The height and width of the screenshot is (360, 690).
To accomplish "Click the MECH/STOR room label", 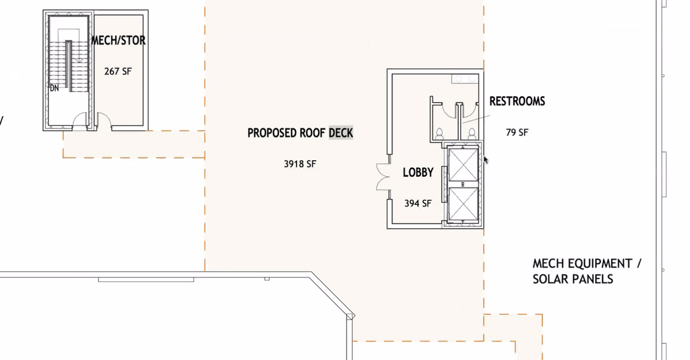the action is [118, 40].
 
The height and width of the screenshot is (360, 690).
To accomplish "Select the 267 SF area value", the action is [118, 71].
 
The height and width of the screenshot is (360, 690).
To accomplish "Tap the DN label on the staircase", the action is [54, 88].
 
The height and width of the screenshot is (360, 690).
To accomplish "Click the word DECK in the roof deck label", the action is [341, 133].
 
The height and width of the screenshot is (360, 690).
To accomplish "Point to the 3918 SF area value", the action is [300, 164].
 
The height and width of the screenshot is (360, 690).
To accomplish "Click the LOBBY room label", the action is [418, 172].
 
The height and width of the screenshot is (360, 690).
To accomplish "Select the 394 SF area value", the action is [418, 203].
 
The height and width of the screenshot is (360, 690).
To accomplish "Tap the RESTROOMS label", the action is [517, 101].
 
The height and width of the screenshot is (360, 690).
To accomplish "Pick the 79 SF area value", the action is [517, 133].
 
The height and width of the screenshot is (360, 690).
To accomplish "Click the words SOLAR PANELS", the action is [573, 279].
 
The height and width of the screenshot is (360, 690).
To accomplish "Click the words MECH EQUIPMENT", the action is [582, 264].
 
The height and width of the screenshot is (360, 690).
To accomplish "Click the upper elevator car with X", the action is [464, 165].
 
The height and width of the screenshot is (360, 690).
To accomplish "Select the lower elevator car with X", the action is [464, 204].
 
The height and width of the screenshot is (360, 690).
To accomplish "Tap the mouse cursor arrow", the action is [485, 160].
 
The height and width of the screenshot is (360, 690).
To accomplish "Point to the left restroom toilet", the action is [439, 134].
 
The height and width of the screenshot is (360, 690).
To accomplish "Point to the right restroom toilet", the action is [472, 134].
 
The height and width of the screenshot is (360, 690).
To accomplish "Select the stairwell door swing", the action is [80, 119].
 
